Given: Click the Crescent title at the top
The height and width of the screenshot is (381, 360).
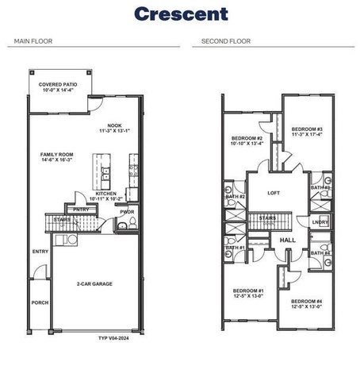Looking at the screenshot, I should click(180, 13).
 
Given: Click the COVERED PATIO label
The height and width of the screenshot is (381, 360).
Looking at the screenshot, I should click(60, 85).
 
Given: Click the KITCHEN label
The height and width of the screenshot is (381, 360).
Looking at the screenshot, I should click(108, 193).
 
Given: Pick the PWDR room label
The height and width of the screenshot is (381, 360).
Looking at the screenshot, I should click(127, 211).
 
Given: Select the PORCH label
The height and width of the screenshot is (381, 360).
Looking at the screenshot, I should click(40, 302).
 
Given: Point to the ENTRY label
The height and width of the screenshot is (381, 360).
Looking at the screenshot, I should click(40, 252).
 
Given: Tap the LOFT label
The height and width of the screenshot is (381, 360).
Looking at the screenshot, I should click(274, 193).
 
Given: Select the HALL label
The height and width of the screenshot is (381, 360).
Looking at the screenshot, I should click(288, 239).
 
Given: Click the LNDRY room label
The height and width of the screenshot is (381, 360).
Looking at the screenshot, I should click(320, 221).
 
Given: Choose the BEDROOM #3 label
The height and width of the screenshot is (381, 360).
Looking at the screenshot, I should click(306, 129).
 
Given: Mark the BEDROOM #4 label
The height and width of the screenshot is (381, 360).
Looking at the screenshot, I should click(306, 302).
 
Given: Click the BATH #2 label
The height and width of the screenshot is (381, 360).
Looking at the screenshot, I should click(236, 196).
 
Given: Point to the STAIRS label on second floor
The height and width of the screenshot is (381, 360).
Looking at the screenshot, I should click(267, 216).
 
